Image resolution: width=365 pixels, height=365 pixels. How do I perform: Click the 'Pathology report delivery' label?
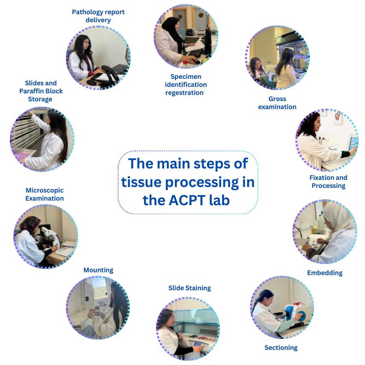(98, 16)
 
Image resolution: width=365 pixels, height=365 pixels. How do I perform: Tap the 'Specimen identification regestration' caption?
(185, 85)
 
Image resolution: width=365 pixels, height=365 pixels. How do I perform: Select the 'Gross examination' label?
(277, 103)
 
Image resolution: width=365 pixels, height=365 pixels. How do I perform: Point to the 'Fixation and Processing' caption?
(328, 182)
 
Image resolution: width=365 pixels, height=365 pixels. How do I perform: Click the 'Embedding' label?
(325, 273)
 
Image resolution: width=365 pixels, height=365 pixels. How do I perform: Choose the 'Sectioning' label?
(281, 348)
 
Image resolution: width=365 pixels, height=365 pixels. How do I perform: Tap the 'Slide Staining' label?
(189, 288)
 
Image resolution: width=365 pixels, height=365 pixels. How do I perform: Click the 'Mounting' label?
(98, 270)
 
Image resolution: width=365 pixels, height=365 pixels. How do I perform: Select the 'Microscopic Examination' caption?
(45, 194)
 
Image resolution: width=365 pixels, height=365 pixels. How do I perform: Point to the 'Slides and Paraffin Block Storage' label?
(41, 91)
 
